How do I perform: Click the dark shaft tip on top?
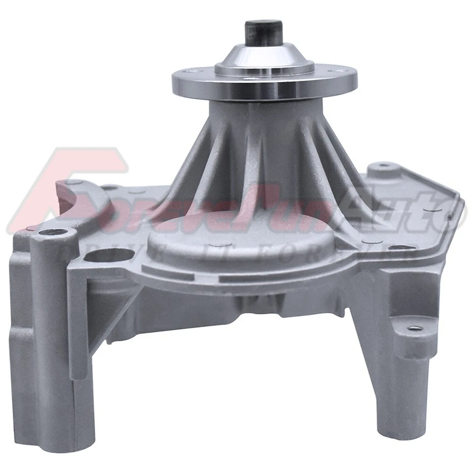tap(264, 32)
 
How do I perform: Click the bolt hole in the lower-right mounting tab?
tap(413, 327)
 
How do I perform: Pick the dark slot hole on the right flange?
tap(402, 247)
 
